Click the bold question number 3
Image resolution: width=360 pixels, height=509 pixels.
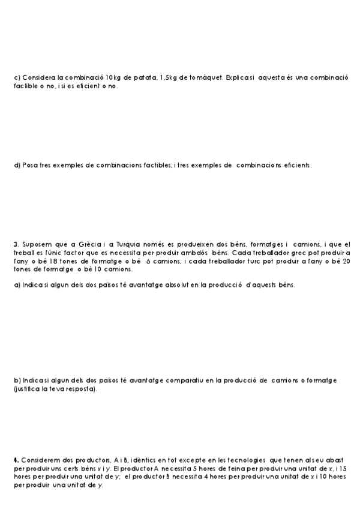(x=15, y=244)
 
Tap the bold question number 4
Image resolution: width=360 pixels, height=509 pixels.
(x=15, y=460)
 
